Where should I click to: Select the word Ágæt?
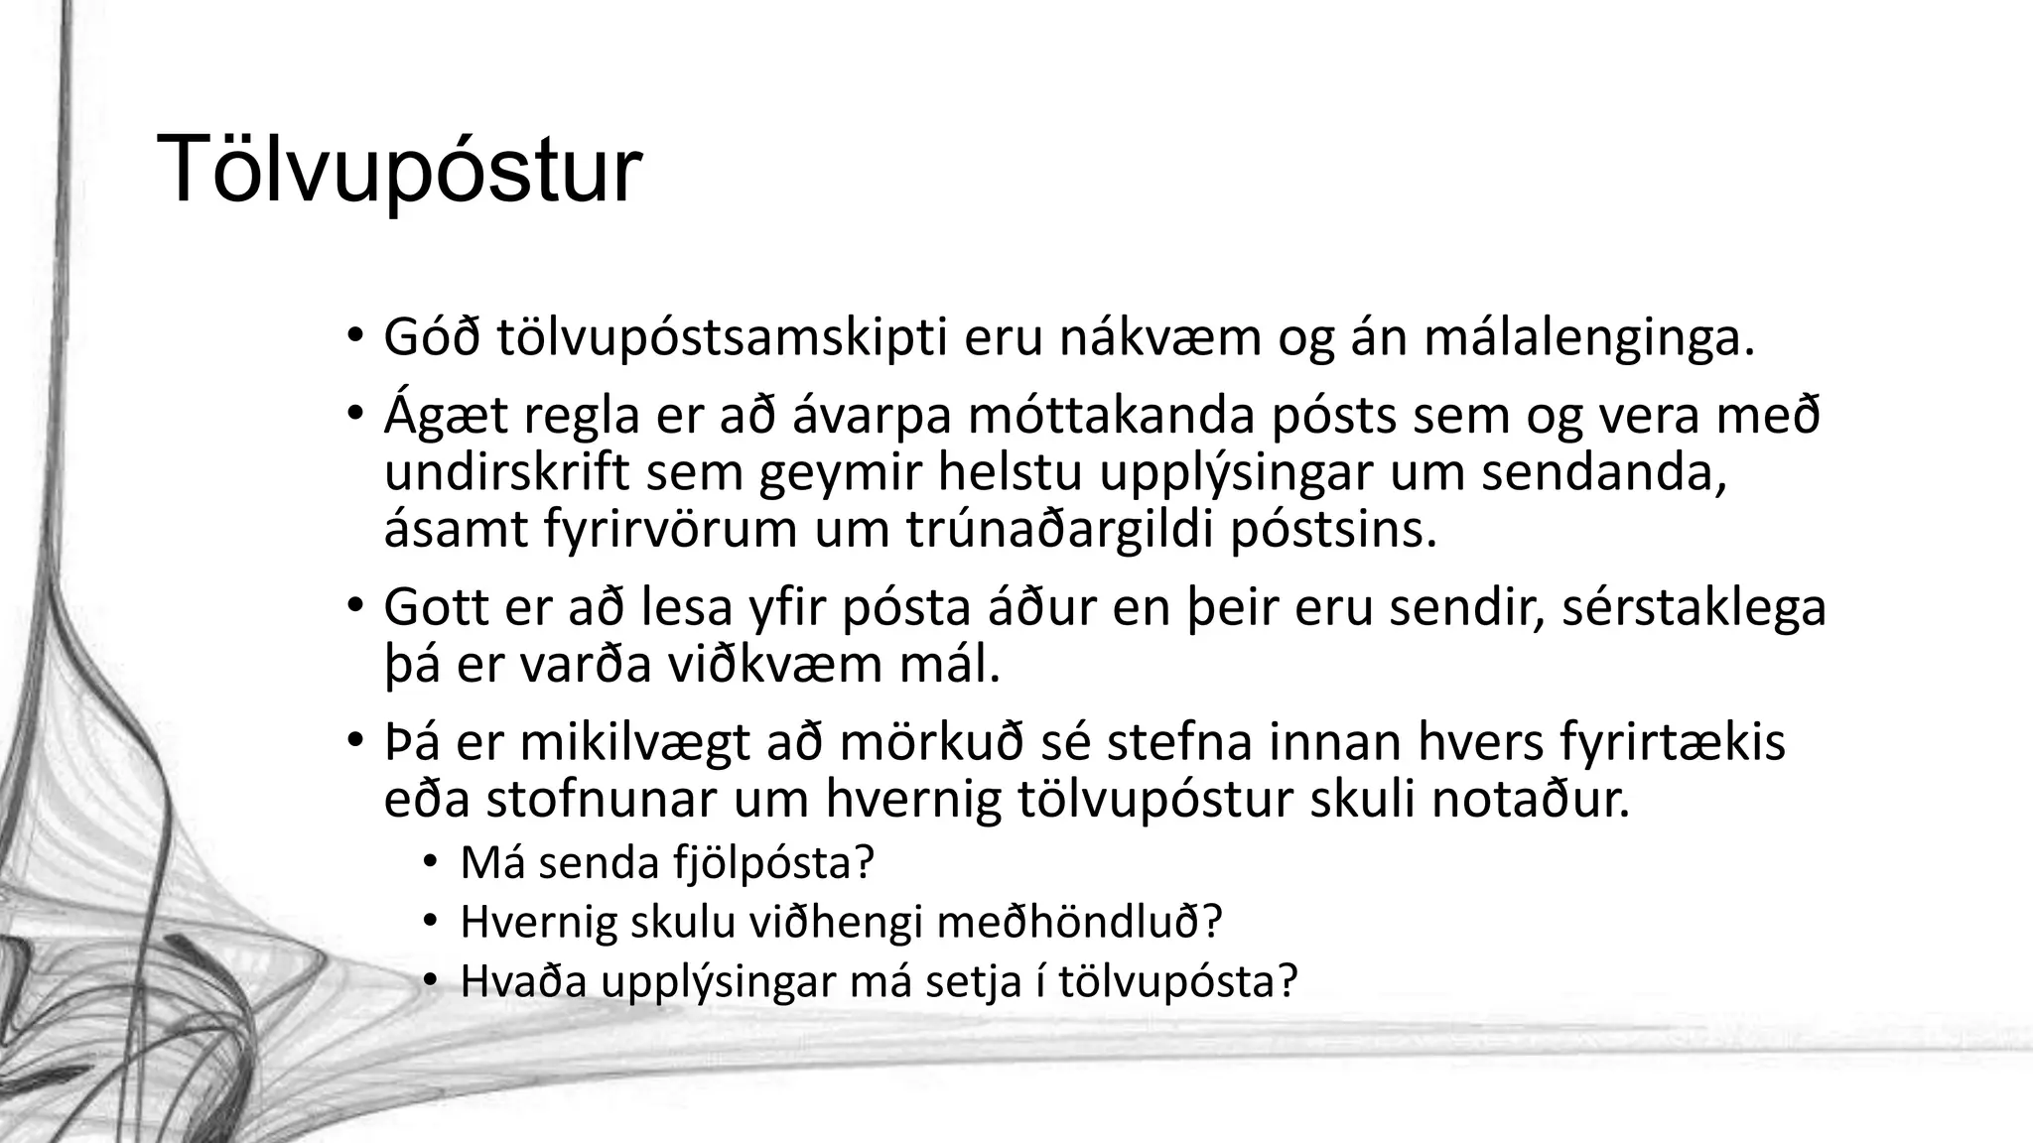coord(446,417)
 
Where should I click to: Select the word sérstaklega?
coord(1694,607)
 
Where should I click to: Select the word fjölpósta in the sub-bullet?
coord(773,863)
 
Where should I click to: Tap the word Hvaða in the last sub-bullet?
coord(523,980)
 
